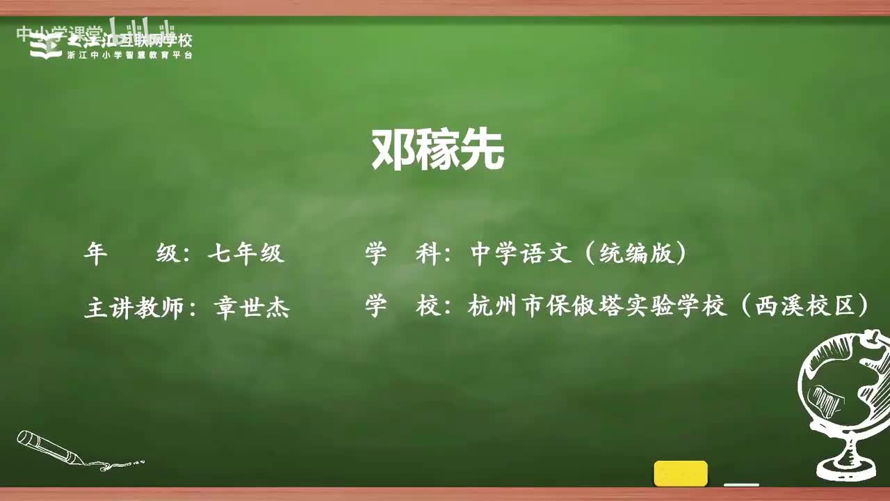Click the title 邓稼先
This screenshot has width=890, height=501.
[x=437, y=150]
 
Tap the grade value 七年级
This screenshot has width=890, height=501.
[x=246, y=253]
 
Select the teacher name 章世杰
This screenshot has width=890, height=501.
[x=252, y=307]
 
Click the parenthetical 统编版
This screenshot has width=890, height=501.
[x=635, y=253]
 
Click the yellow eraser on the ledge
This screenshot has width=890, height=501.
[x=680, y=473]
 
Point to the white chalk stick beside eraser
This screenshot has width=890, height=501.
[x=741, y=484]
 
